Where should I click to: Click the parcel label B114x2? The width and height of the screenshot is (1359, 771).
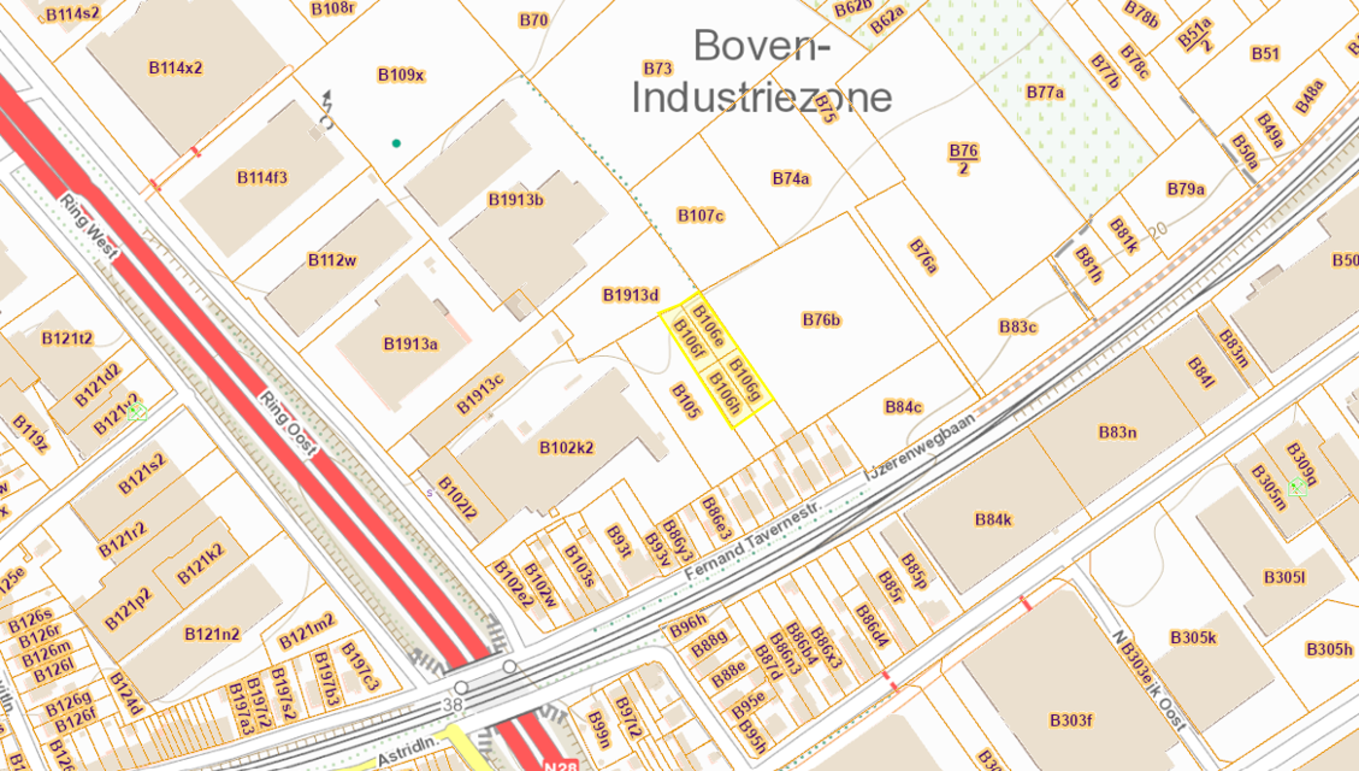(x=175, y=68)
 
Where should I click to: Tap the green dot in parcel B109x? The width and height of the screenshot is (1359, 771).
(x=396, y=143)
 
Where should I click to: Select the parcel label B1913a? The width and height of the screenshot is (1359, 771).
(x=410, y=344)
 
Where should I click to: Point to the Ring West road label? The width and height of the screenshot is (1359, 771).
(x=89, y=227)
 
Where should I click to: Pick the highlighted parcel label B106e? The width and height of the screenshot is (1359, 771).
(x=708, y=326)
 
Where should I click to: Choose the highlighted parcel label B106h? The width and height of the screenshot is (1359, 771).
(x=724, y=394)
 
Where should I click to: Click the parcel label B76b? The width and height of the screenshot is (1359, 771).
(x=821, y=320)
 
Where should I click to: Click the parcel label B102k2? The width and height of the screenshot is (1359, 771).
(x=566, y=447)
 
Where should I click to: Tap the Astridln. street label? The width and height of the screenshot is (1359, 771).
(x=408, y=750)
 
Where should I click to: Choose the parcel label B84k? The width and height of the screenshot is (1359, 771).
(x=993, y=519)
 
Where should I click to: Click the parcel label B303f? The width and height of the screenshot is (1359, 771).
(x=1071, y=720)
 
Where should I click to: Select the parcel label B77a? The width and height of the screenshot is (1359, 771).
(x=1045, y=93)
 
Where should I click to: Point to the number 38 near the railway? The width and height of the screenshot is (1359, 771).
(x=453, y=705)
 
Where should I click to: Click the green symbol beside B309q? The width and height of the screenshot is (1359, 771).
(x=1297, y=487)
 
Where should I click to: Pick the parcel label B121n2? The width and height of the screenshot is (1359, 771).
(x=212, y=634)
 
